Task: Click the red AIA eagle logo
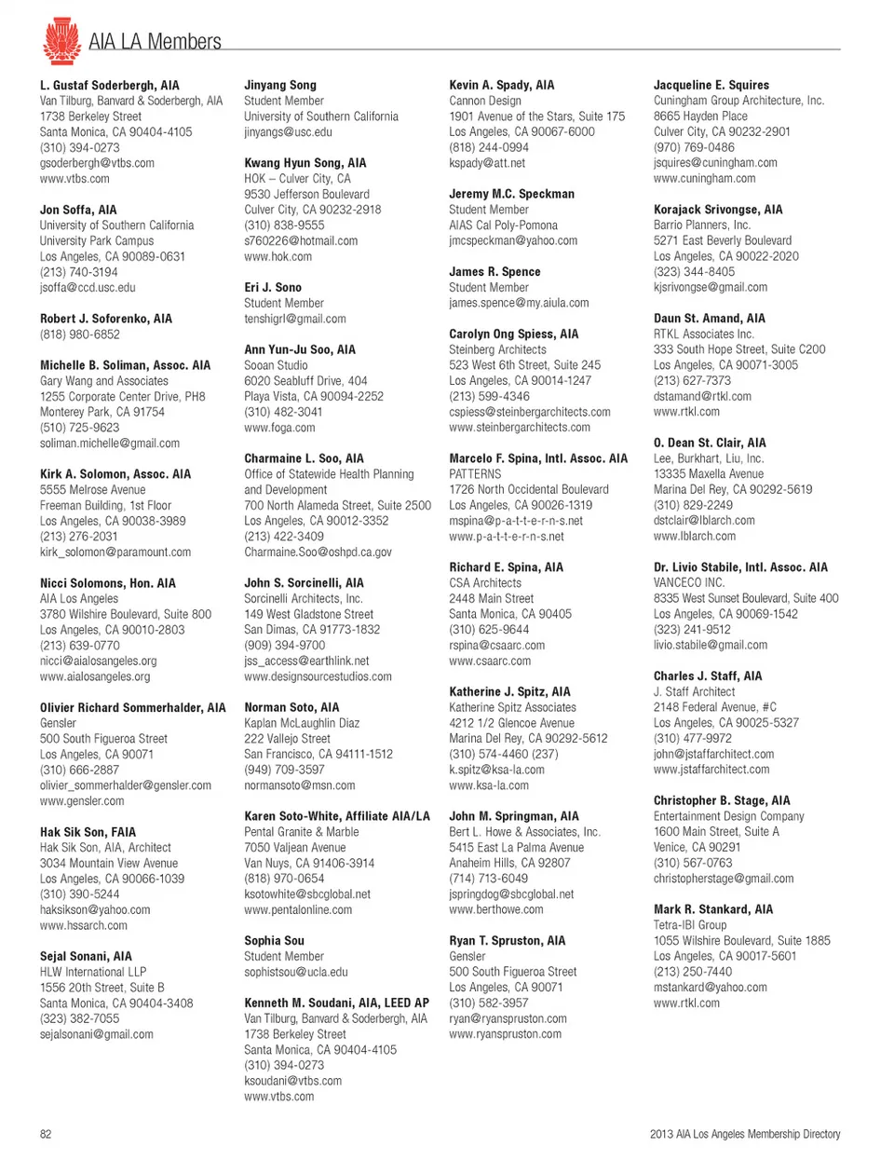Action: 61,40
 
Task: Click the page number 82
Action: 46,1134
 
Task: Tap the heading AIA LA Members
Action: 155,42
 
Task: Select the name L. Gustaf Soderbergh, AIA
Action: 109,85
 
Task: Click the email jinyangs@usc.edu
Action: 288,132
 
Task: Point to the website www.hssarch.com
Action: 83,925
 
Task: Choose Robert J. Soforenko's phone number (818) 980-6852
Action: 79,334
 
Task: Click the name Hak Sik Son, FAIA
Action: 88,832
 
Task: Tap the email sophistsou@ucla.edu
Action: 295,972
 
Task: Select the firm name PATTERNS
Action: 475,474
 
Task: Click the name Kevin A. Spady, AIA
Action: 501,85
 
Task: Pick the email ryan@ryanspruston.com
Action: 508,1018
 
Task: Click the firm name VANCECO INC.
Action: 688,583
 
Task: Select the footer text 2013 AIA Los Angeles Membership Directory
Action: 744,1134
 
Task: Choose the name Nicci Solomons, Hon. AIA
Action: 107,583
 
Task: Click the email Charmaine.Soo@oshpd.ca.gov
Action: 318,553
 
